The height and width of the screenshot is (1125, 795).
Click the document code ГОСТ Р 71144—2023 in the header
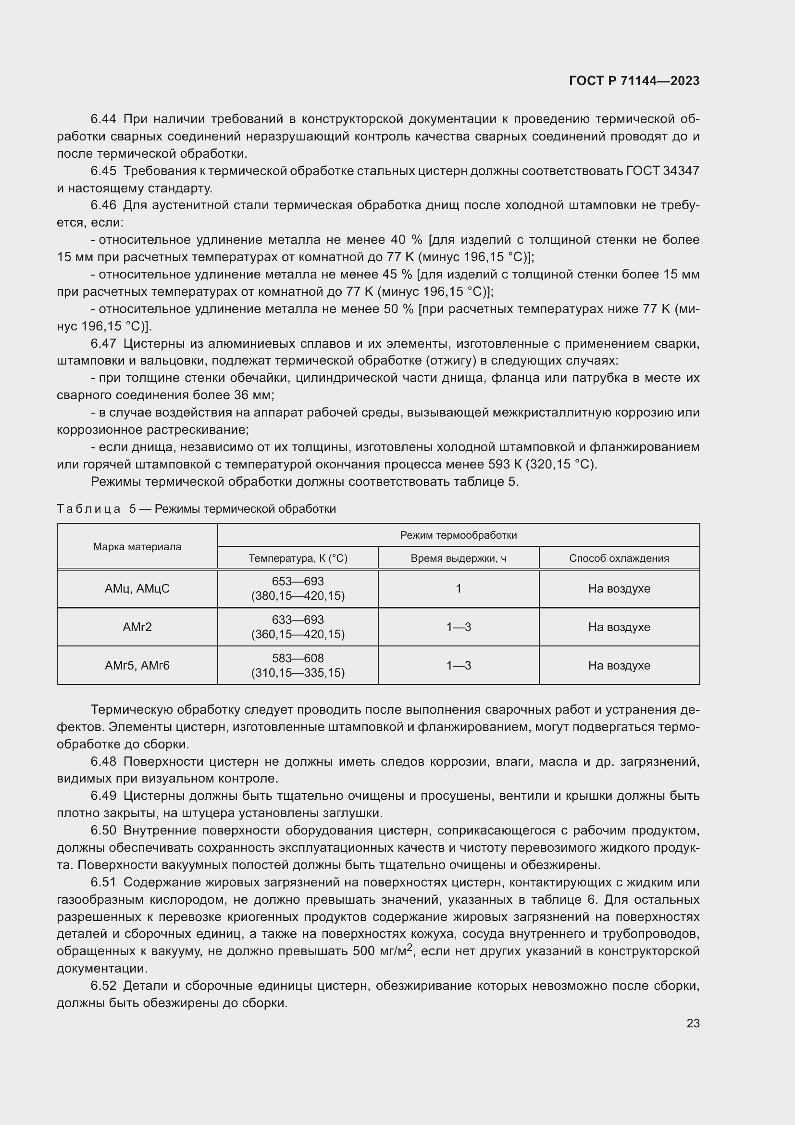pyautogui.click(x=634, y=81)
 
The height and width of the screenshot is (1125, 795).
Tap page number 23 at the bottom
pyautogui.click(x=693, y=1023)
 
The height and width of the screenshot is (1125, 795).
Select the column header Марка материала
pyautogui.click(x=137, y=547)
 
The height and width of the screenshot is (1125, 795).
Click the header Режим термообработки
pyautogui.click(x=458, y=535)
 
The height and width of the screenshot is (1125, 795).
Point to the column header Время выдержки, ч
pyautogui.click(x=458, y=558)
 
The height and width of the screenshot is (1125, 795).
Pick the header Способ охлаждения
pyautogui.click(x=619, y=558)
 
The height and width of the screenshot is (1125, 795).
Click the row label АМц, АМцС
pyautogui.click(x=137, y=588)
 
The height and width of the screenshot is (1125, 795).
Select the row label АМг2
pyautogui.click(x=137, y=627)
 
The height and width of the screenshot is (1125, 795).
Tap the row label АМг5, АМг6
pyautogui.click(x=137, y=665)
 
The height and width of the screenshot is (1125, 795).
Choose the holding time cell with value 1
pyautogui.click(x=458, y=588)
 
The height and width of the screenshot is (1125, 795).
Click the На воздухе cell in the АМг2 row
pyautogui.click(x=619, y=627)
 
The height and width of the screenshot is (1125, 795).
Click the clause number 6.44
pyautogui.click(x=103, y=119)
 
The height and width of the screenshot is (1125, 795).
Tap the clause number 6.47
pyautogui.click(x=103, y=343)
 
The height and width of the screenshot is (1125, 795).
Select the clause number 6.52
pyautogui.click(x=103, y=986)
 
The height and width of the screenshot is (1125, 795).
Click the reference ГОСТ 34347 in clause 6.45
pyautogui.click(x=662, y=171)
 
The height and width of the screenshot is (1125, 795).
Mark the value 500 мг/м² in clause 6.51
pyautogui.click(x=382, y=951)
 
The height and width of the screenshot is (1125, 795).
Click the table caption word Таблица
pyautogui.click(x=88, y=508)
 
